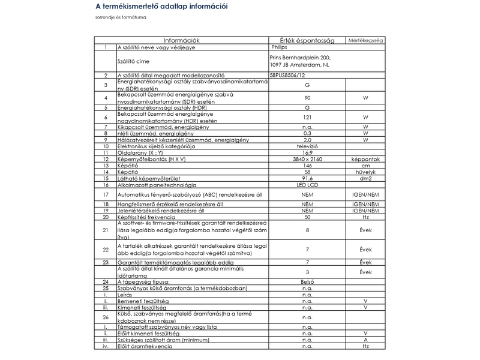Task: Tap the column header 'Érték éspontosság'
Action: click(x=308, y=40)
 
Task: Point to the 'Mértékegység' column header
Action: click(x=366, y=40)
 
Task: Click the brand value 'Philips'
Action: click(x=280, y=47)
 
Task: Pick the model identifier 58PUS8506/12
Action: click(x=291, y=76)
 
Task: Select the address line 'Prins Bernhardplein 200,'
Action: click(x=300, y=57)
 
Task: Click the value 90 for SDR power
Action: click(x=307, y=97)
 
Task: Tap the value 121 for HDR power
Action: click(x=307, y=117)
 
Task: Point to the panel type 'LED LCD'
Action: click(x=307, y=185)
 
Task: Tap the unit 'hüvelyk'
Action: click(x=366, y=172)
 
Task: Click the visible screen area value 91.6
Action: click(x=307, y=178)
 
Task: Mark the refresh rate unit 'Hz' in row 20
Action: click(x=366, y=217)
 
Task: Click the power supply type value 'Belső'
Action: click(x=307, y=281)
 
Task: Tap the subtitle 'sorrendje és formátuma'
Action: click(x=121, y=17)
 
